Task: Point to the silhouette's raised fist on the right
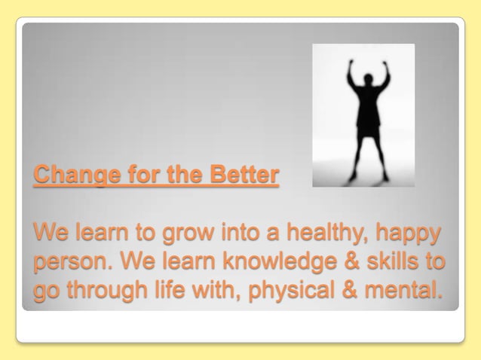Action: [x=384, y=63]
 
